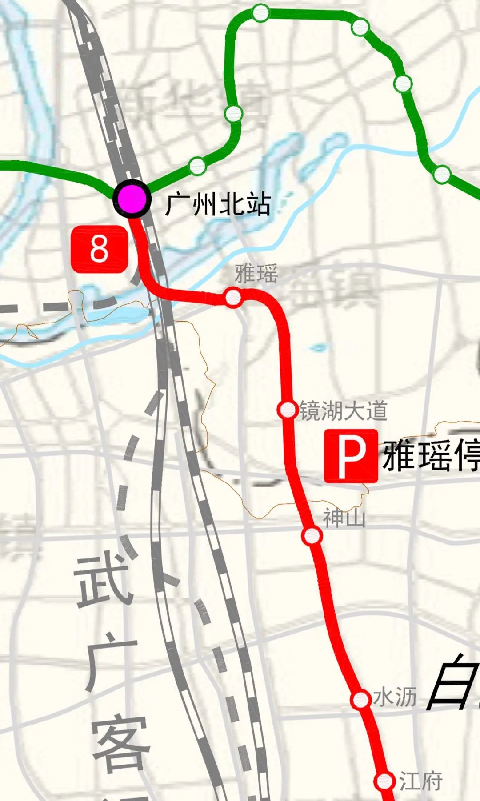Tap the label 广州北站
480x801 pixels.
[x=217, y=205]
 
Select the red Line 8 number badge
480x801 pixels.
[x=99, y=249]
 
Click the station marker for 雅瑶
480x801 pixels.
[x=233, y=297]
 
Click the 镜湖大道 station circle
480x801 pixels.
[x=288, y=410]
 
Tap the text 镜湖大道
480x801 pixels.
[x=343, y=410]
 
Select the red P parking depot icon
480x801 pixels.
[x=351, y=456]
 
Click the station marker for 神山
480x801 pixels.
[x=312, y=536]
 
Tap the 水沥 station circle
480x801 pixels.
[x=360, y=700]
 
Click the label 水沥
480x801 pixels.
[x=394, y=697]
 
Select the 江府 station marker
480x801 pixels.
[x=384, y=780]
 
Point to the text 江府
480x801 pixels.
[x=420, y=781]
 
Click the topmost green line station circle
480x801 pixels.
[x=261, y=13]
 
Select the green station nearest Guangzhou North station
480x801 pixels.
[x=197, y=166]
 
